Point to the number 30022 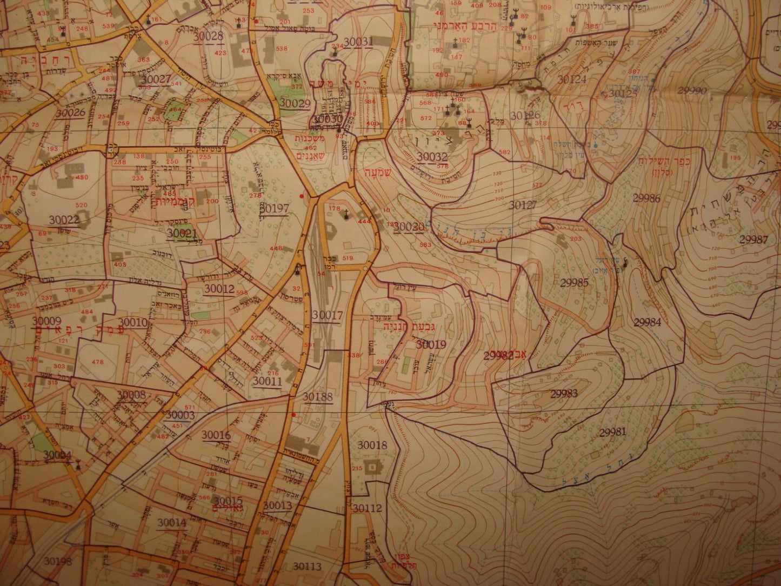tap(63, 219)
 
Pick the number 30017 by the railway tap(326, 315)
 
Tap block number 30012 tap(219, 289)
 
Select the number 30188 tap(317, 397)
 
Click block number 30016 tap(216, 435)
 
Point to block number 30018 tap(372, 445)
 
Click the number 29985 tap(574, 282)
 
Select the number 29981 tap(612, 431)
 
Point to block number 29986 tap(646, 198)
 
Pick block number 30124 tap(571, 79)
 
